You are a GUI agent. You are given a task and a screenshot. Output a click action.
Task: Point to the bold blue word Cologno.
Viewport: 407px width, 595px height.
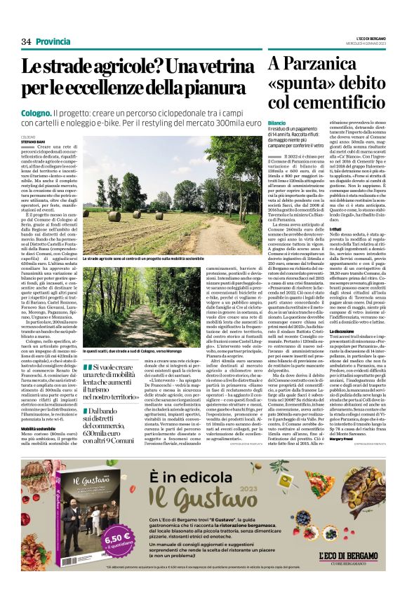click(55, 112)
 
